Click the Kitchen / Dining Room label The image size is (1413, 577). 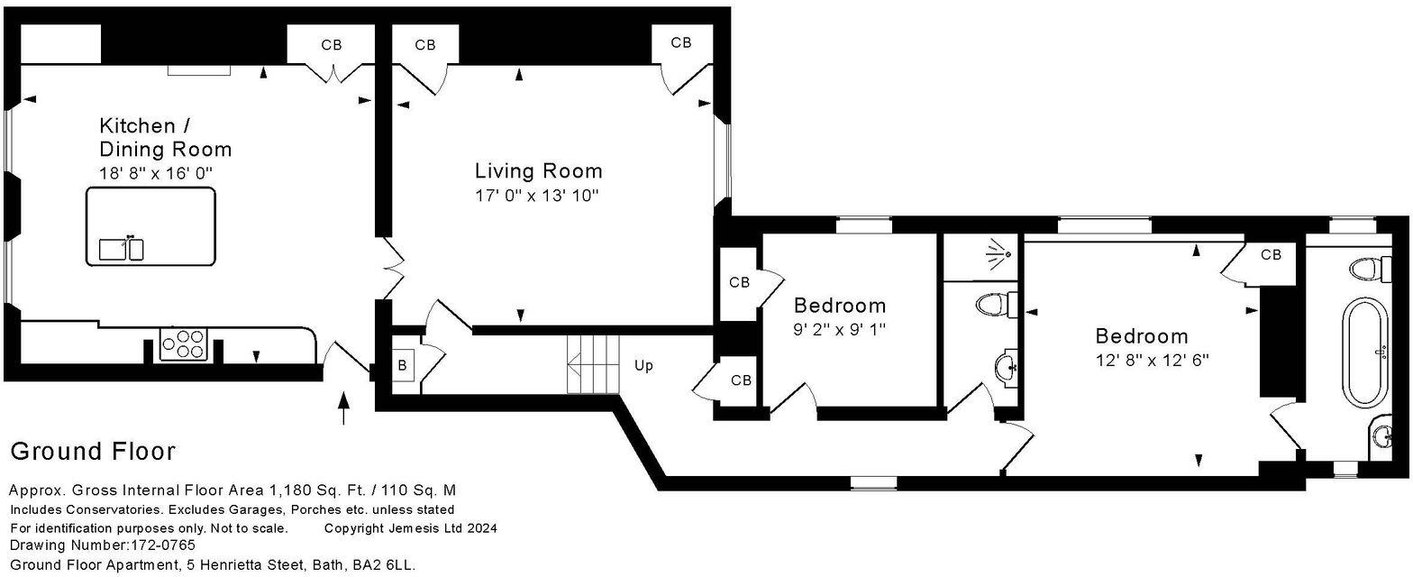coord(165,137)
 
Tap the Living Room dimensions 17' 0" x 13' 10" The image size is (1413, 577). coord(537,195)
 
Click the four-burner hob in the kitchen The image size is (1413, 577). coord(184,344)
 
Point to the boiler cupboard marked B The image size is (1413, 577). coord(402,366)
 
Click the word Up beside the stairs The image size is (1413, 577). coord(643,366)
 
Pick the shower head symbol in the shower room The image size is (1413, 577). coord(996,253)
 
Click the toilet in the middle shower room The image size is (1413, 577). coord(995,305)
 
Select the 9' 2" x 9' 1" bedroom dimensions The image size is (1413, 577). coord(839,330)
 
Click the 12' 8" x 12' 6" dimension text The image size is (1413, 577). coord(1152,360)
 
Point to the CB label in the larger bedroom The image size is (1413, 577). coord(1271,255)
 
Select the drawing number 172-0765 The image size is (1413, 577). coord(162,545)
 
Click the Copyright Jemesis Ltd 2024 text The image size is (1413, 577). coord(410,528)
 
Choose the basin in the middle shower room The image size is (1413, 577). coord(1006,368)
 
